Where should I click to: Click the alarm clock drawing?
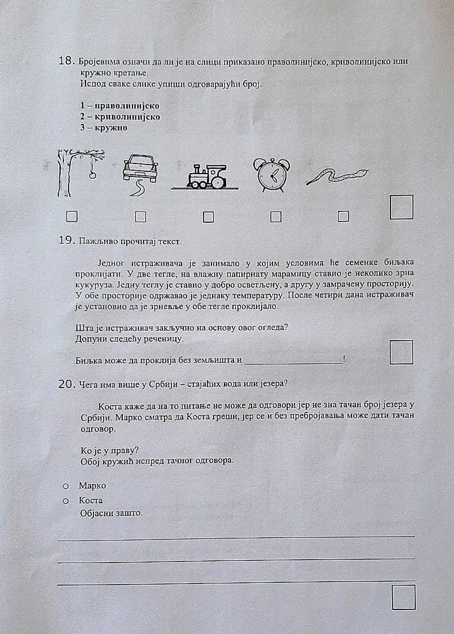(271, 175)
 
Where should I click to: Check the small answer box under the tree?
(72, 216)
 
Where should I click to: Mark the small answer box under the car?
(140, 216)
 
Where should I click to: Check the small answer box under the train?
(208, 217)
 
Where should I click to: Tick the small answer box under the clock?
(276, 216)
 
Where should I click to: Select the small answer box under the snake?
(343, 216)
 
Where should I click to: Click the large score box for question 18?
(402, 207)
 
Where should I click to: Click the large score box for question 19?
(401, 352)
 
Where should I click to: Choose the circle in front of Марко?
(66, 486)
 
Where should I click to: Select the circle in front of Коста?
(66, 501)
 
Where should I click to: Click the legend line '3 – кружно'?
(104, 128)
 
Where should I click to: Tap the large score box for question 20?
(403, 597)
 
